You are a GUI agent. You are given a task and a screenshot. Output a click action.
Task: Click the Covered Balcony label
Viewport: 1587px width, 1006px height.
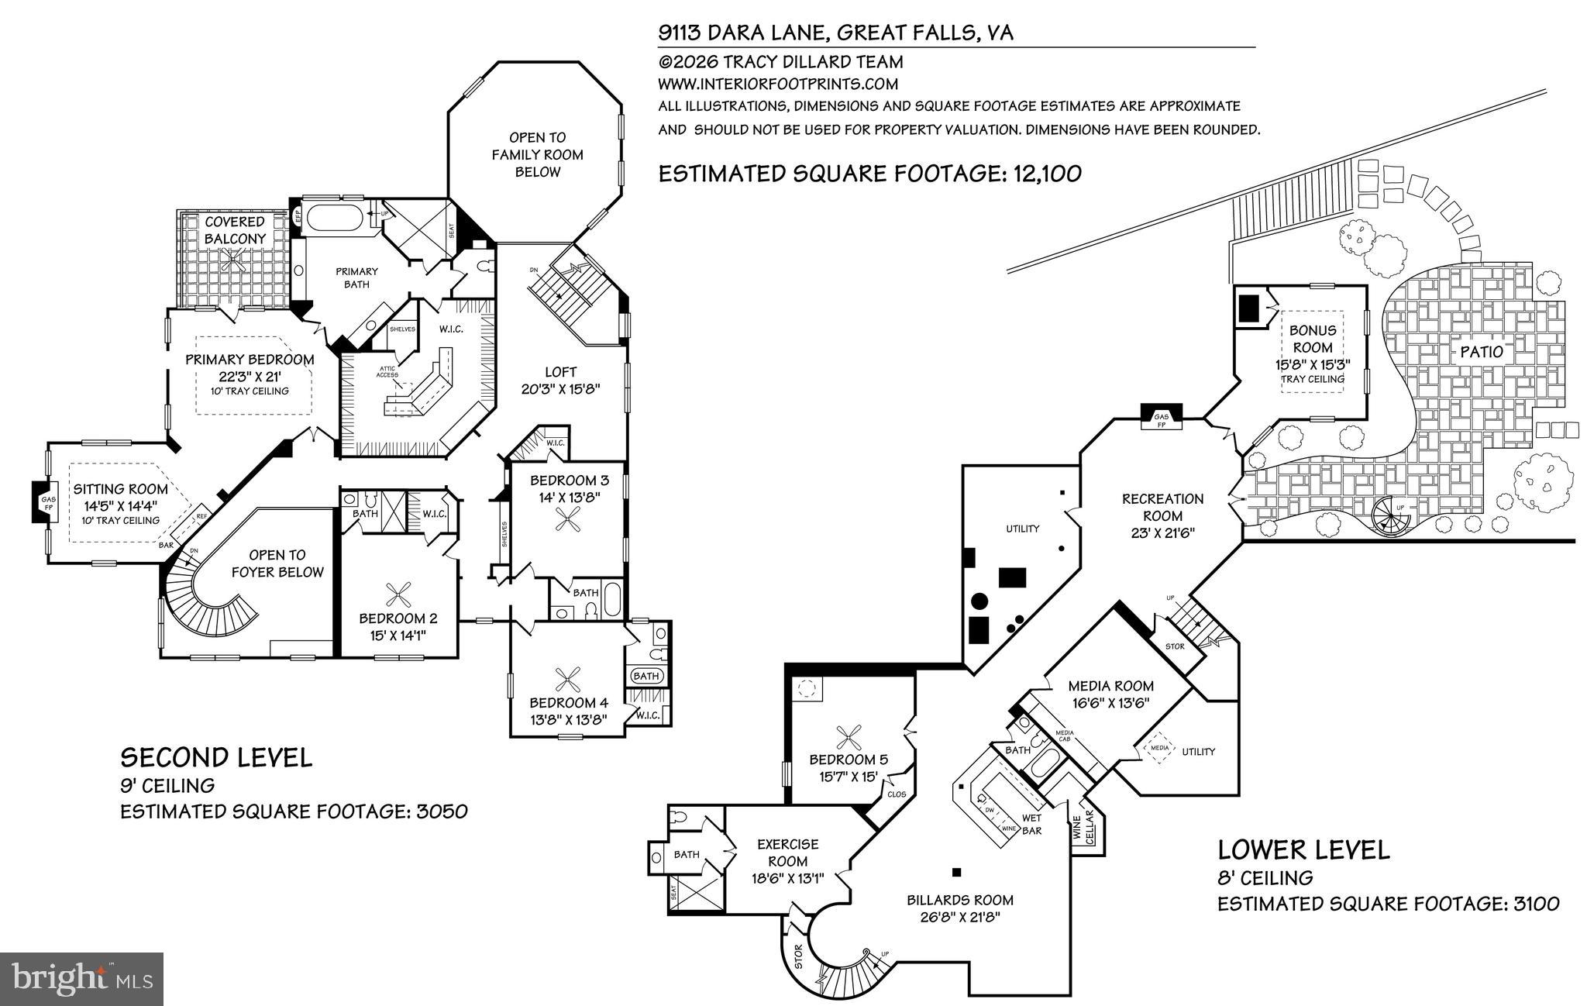coord(235,231)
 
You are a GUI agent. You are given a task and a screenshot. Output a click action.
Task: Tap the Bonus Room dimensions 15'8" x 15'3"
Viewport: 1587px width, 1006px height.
coord(1312,364)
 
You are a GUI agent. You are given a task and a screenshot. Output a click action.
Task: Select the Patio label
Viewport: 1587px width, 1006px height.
coord(1481,352)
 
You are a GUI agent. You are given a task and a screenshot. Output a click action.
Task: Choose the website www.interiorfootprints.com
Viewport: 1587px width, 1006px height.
coord(778,84)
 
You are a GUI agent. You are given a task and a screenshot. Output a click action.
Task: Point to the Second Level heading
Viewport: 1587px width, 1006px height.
coord(216,757)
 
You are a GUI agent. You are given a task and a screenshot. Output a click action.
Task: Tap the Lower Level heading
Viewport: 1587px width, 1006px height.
coord(1303,849)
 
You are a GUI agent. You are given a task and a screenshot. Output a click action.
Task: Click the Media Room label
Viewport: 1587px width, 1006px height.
coord(1110,686)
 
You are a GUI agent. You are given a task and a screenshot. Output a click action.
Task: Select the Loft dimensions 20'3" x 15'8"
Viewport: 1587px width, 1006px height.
coord(560,389)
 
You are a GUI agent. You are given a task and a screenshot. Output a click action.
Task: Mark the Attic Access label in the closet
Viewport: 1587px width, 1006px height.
coord(387,372)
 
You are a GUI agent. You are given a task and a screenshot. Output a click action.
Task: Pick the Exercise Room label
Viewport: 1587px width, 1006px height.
coord(787,853)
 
